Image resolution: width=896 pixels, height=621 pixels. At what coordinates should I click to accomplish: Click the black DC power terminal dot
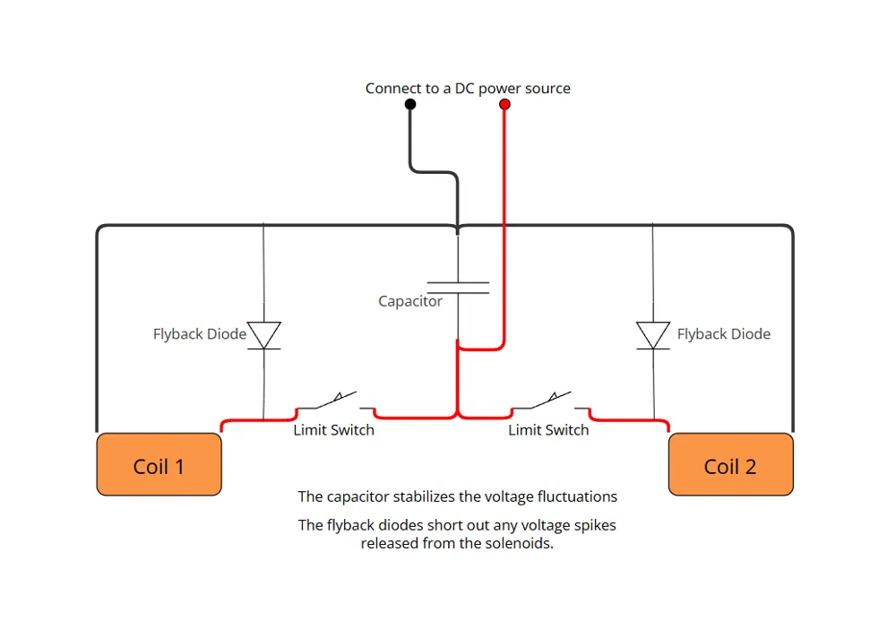pos(410,104)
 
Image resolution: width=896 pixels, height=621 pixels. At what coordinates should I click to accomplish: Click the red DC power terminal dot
pos(504,104)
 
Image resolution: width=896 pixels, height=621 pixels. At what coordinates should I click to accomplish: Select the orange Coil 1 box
pos(159,464)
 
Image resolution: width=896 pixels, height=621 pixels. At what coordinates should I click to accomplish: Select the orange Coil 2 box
pos(731,464)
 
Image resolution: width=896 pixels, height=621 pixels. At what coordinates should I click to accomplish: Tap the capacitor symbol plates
pos(458,288)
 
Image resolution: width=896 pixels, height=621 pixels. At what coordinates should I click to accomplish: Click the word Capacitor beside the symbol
pos(410,301)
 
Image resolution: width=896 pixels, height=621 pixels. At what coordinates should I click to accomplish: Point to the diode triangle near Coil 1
pos(264,335)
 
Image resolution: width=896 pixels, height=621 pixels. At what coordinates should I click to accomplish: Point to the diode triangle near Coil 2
pos(653,335)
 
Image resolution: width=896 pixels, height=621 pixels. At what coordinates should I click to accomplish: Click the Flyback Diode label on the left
pos(200,334)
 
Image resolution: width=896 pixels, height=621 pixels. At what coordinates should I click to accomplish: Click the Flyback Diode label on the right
pos(724,334)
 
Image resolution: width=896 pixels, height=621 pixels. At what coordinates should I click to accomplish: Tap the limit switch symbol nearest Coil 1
pos(335,401)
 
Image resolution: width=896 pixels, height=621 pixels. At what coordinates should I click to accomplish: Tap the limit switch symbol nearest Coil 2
pos(551,401)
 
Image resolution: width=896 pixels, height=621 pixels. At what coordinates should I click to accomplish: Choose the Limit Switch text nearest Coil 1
pos(333,430)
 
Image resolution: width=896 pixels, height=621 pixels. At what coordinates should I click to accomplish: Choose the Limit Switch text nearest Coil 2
pos(548,430)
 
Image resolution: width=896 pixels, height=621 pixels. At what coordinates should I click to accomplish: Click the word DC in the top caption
pos(464,89)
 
